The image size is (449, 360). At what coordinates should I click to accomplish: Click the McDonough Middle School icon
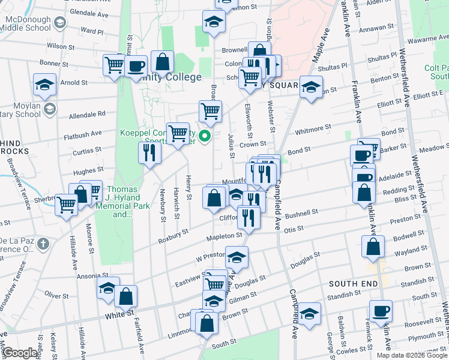pos(59,23)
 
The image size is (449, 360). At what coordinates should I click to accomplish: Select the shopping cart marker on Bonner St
pos(113,65)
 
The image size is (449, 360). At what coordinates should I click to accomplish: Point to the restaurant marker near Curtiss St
pos(149,153)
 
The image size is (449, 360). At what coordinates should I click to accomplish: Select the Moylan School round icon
pos(50,109)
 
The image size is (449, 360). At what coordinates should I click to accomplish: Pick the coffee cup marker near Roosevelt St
pos(381,311)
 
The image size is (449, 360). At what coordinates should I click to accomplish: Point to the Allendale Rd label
pos(88,113)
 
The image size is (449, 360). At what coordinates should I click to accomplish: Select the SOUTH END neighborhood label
pos(353,283)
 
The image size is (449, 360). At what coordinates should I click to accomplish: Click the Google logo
pos(20,353)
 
